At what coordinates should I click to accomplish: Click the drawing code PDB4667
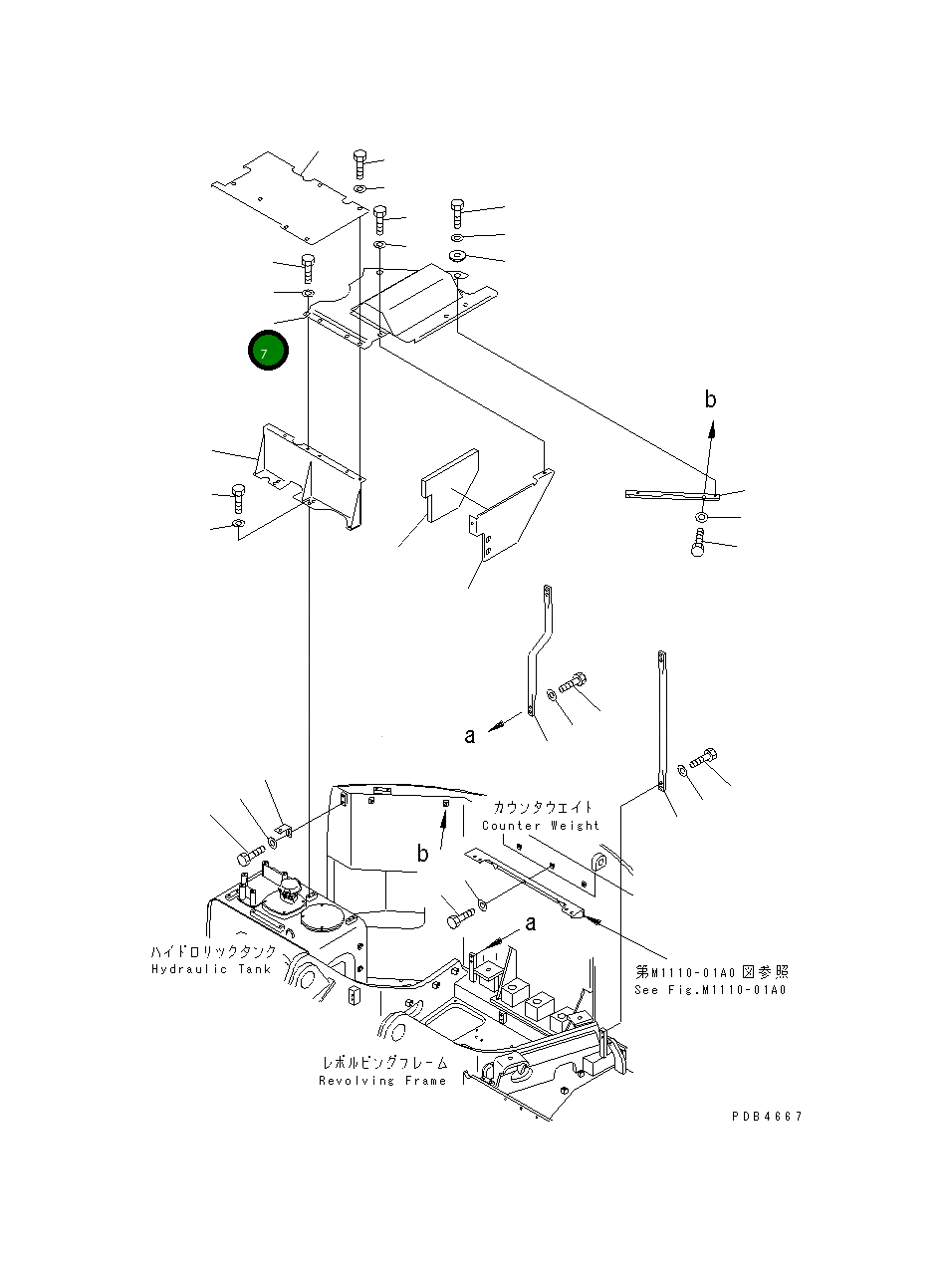tap(766, 1116)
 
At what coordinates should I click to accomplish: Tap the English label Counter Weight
tap(541, 826)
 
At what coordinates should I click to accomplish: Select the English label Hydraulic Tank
tap(211, 969)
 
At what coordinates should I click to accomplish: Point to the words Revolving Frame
tap(382, 1081)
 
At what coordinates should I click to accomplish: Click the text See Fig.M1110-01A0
tap(711, 990)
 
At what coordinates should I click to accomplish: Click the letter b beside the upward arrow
tap(710, 399)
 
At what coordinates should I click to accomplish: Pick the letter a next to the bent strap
tap(469, 736)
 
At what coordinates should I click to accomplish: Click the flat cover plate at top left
tap(289, 197)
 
